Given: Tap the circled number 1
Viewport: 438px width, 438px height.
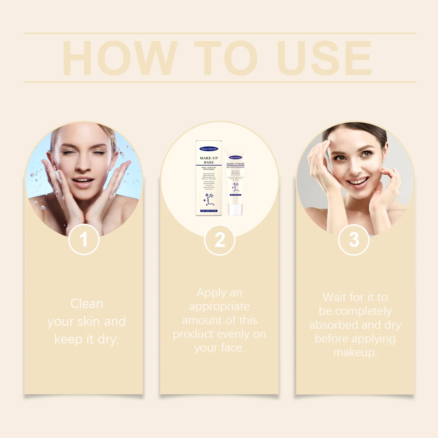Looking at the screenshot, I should pyautogui.click(x=84, y=239).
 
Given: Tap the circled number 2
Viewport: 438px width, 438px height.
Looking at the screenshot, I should pyautogui.click(x=220, y=240).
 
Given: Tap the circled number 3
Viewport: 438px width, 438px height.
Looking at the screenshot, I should pyautogui.click(x=354, y=240).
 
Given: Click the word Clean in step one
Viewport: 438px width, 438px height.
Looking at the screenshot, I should pyautogui.click(x=87, y=304).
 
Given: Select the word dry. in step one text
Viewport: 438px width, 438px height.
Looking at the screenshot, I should pyautogui.click(x=108, y=339).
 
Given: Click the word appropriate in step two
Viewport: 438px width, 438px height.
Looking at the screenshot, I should pyautogui.click(x=219, y=306).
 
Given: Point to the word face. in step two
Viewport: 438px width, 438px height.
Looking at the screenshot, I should pyautogui.click(x=232, y=348).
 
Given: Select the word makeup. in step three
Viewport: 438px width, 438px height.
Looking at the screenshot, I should pyautogui.click(x=355, y=352).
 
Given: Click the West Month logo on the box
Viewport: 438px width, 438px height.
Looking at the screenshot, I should pyautogui.click(x=209, y=149).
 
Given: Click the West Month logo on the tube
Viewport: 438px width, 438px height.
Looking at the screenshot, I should pyautogui.click(x=235, y=157).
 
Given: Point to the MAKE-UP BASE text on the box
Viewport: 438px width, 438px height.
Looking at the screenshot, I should pyautogui.click(x=209, y=160).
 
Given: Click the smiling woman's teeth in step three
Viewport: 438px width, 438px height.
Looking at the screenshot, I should pyautogui.click(x=359, y=181).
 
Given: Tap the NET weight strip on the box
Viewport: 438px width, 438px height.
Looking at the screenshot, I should pyautogui.click(x=209, y=211).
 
